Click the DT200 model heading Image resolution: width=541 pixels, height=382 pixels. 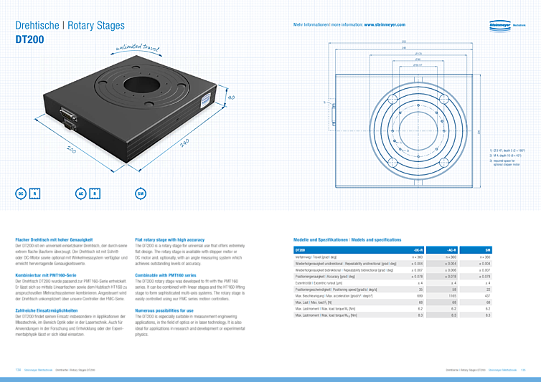click(29, 40)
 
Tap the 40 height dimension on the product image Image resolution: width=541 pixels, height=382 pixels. click(231, 97)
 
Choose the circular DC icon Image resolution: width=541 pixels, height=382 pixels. click(22, 193)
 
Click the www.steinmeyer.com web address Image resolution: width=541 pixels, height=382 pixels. click(385, 24)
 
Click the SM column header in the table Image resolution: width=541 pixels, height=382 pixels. click(488, 249)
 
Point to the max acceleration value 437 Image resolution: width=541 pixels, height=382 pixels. click(488, 295)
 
